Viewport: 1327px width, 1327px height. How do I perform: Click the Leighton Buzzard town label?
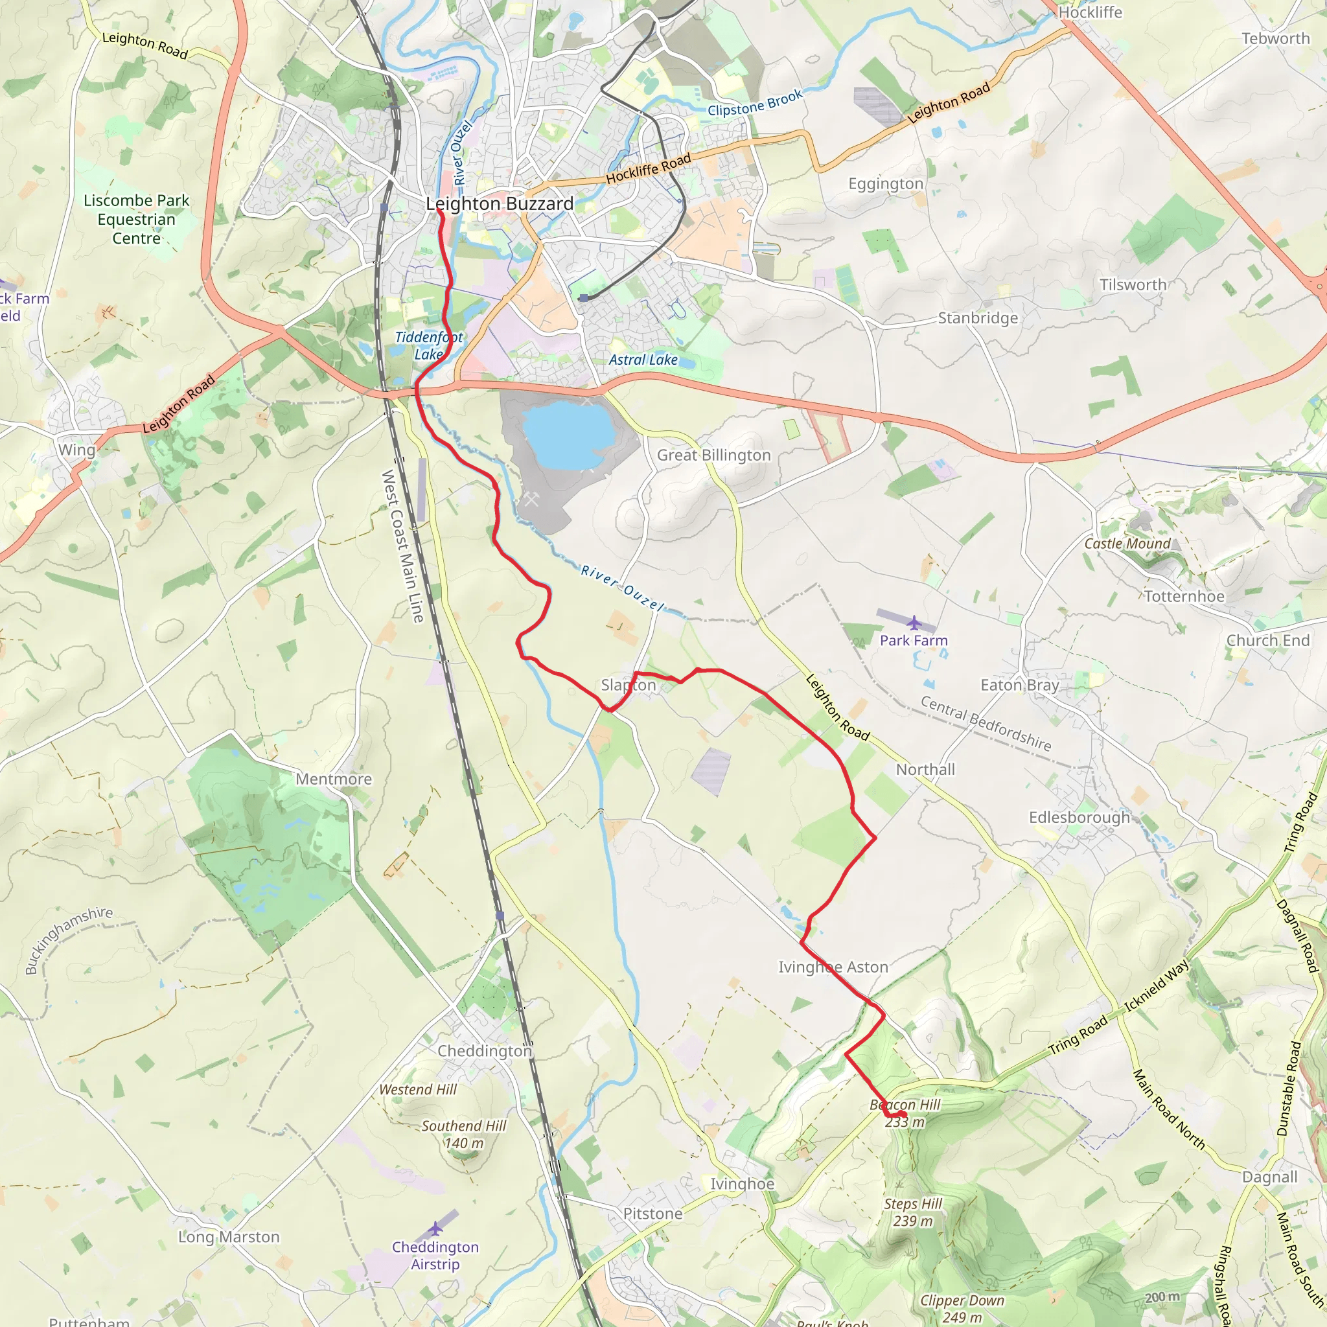pyautogui.click(x=500, y=204)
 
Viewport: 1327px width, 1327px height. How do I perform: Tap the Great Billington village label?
pyautogui.click(x=713, y=456)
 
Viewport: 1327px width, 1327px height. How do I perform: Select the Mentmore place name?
pyautogui.click(x=334, y=779)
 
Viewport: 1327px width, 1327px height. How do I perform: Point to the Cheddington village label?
pyautogui.click(x=485, y=1051)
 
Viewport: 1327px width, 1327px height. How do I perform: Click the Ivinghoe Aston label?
pyautogui.click(x=833, y=967)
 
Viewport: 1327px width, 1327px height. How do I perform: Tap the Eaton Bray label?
pyautogui.click(x=1020, y=685)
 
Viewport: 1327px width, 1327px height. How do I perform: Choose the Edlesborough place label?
pyautogui.click(x=1079, y=817)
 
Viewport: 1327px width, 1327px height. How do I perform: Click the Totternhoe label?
pyautogui.click(x=1184, y=596)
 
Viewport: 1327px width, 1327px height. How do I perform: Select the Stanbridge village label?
pyautogui.click(x=978, y=318)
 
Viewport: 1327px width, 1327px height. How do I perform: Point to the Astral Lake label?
pyautogui.click(x=643, y=360)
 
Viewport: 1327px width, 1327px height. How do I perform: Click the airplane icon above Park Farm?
pyautogui.click(x=914, y=623)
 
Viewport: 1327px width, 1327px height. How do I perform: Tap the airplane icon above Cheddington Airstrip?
pyautogui.click(x=435, y=1228)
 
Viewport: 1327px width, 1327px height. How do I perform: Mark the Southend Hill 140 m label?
pyautogui.click(x=464, y=1134)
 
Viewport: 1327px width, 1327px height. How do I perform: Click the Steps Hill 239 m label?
pyautogui.click(x=913, y=1212)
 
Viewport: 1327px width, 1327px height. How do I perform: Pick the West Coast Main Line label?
pyautogui.click(x=403, y=546)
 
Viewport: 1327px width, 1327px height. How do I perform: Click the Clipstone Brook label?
pyautogui.click(x=755, y=104)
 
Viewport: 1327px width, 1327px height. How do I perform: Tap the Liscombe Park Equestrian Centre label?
pyautogui.click(x=136, y=219)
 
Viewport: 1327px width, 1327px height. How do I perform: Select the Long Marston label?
pyautogui.click(x=229, y=1237)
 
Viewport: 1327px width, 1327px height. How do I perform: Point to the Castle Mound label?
pyautogui.click(x=1127, y=543)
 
